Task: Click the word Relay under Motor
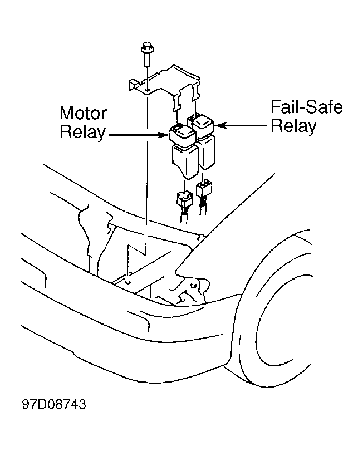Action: [x=82, y=132]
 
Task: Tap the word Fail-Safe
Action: [x=307, y=107]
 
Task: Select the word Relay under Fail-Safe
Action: [x=293, y=126]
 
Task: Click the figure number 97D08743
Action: [x=54, y=404]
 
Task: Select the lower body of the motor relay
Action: [x=185, y=160]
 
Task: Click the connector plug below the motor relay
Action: [x=183, y=199]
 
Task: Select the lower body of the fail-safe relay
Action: [x=208, y=152]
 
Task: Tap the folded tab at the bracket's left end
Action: [x=134, y=85]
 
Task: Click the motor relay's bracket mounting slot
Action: [x=176, y=102]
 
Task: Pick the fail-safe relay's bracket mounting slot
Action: [x=196, y=92]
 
